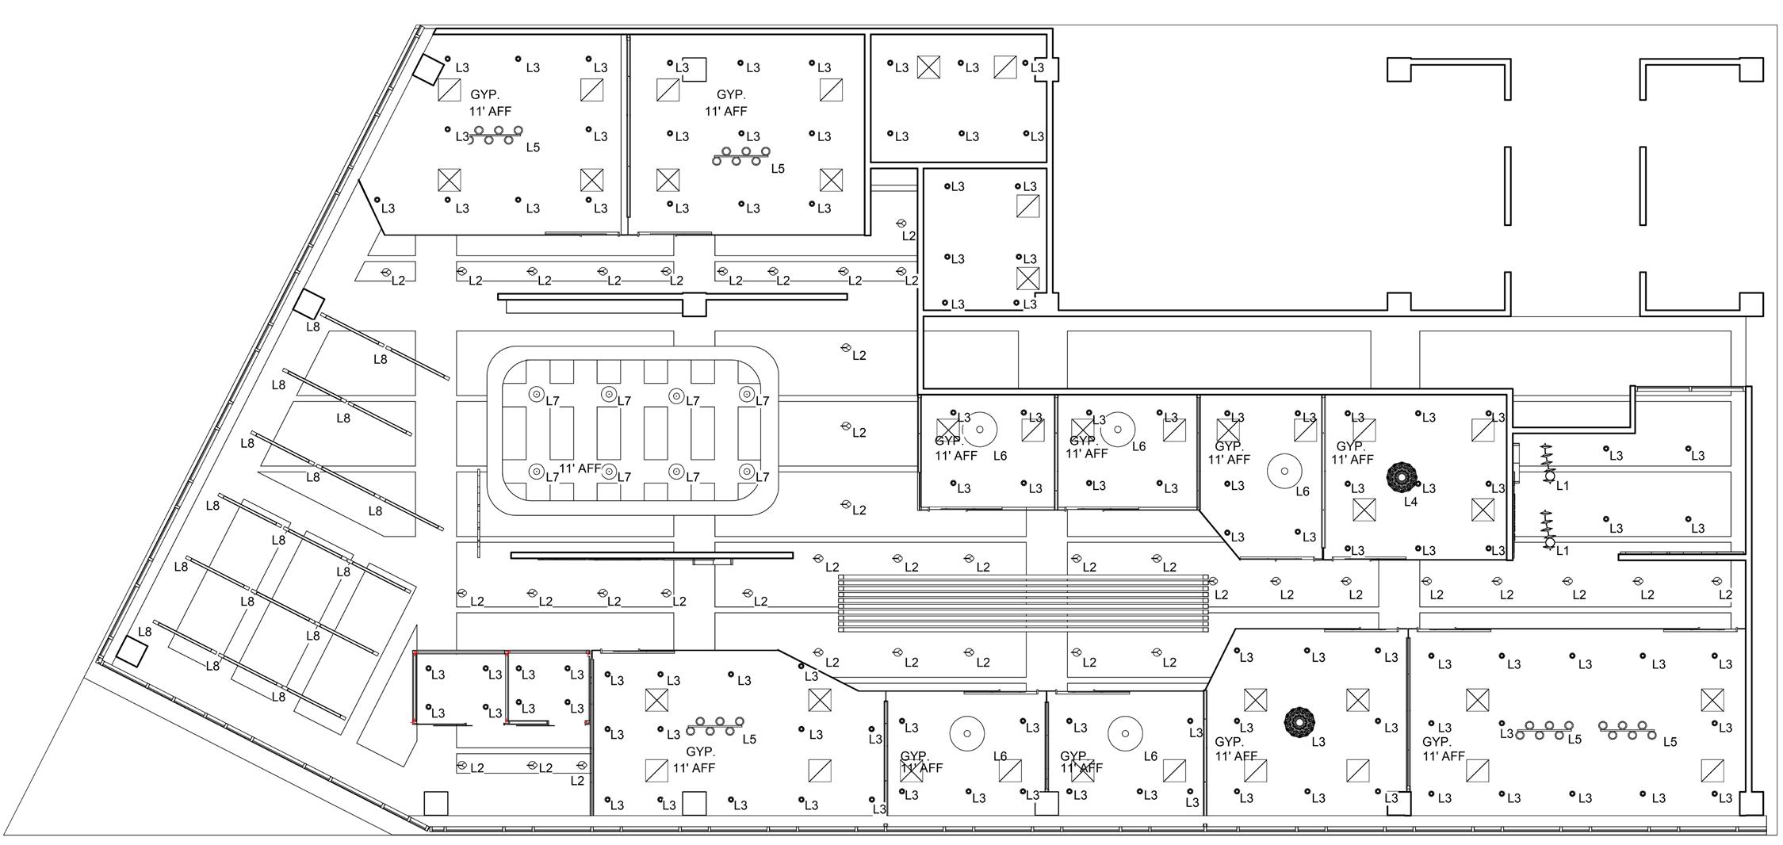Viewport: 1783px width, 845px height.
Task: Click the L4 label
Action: pos(1410,502)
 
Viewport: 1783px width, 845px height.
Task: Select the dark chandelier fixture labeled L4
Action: pos(1401,476)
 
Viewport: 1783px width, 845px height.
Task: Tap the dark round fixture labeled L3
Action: pos(1299,721)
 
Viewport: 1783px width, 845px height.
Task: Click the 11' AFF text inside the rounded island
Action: pos(580,468)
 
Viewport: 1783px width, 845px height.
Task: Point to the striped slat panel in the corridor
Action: pos(1024,603)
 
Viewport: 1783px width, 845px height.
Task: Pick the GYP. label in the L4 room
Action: pos(1351,446)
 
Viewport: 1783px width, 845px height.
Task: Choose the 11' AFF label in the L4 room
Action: pos(1352,460)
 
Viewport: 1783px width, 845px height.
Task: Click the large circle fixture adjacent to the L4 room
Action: pos(1284,471)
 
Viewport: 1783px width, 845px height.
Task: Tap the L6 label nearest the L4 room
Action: pos(1303,491)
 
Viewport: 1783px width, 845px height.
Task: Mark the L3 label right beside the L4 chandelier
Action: pos(1429,489)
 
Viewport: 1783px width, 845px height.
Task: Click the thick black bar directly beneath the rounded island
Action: pos(652,555)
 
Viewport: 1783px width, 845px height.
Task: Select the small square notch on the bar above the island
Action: pos(694,304)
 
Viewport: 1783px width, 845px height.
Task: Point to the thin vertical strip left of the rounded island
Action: pos(479,514)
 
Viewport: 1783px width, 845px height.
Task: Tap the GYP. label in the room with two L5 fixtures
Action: pos(1437,742)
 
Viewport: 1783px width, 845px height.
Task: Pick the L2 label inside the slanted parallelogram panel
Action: pos(399,281)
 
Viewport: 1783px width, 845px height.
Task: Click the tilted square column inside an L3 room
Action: pos(428,70)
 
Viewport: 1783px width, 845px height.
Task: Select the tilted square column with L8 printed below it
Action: pos(309,304)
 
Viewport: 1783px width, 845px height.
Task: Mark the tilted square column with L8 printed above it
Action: pos(132,652)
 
